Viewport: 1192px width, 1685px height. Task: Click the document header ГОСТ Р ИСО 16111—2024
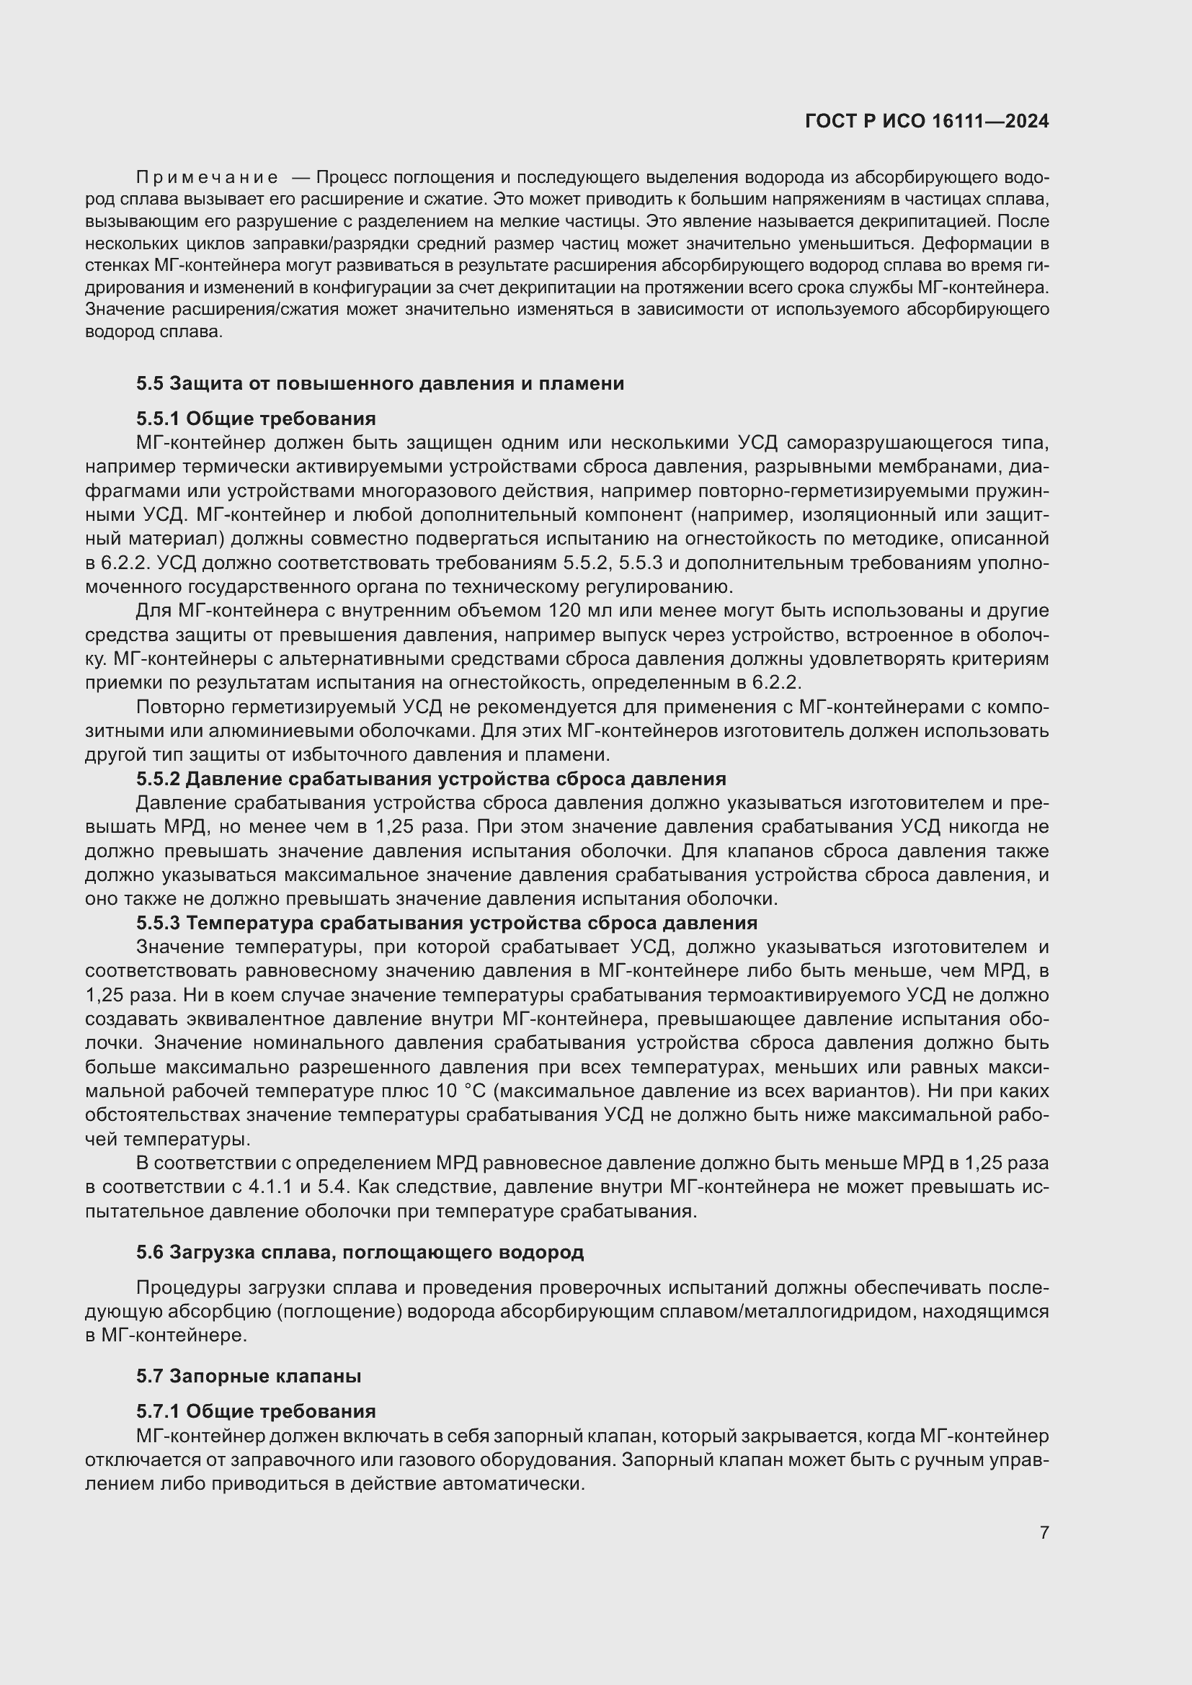click(926, 121)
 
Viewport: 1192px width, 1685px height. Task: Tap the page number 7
click(1044, 1532)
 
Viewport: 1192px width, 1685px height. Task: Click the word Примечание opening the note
click(207, 178)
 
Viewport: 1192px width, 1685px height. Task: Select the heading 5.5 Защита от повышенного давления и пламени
click(380, 383)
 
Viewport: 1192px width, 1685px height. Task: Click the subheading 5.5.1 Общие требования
click(255, 419)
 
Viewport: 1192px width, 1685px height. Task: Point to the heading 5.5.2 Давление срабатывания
click(431, 779)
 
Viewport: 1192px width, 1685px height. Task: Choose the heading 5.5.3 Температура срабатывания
click(446, 923)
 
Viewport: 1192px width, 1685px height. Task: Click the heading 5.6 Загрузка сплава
click(360, 1252)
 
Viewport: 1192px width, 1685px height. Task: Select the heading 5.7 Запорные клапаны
click(248, 1376)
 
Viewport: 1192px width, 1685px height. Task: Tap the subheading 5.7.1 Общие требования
click(255, 1411)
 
